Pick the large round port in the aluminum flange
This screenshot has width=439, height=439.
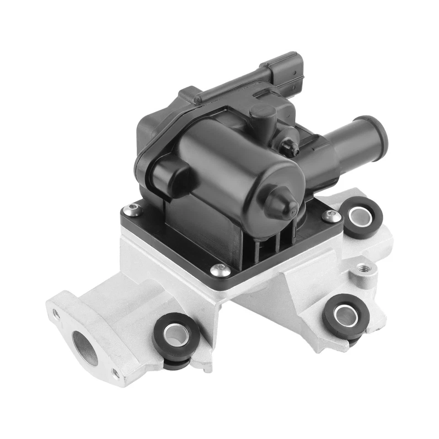click(x=86, y=347)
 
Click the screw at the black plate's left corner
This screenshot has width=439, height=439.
click(x=133, y=210)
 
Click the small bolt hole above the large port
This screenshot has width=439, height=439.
click(x=55, y=314)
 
